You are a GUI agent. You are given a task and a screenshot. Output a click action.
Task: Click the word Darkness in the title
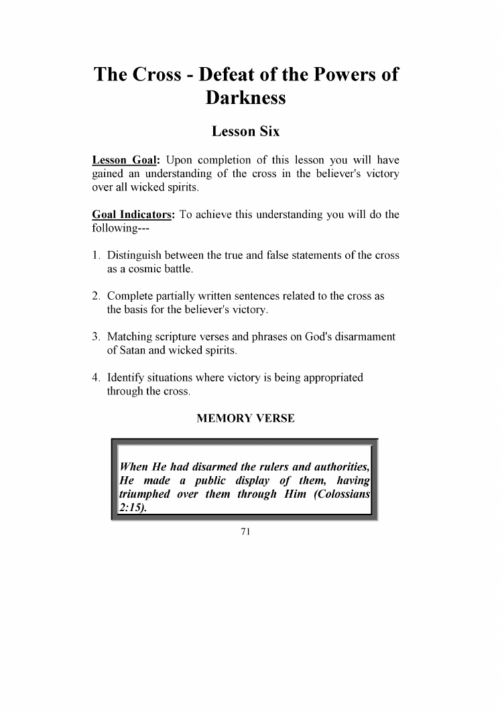click(x=245, y=98)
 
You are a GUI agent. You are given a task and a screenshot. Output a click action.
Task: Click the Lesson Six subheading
click(x=245, y=131)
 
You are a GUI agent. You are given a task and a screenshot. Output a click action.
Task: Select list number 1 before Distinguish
click(x=96, y=256)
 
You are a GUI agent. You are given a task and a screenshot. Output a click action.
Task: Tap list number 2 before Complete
click(x=96, y=296)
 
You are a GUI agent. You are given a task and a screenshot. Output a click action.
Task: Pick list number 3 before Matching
click(x=96, y=337)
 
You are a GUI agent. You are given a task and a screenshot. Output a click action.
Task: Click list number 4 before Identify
click(x=96, y=378)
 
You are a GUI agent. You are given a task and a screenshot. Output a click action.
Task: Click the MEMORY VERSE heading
click(x=245, y=419)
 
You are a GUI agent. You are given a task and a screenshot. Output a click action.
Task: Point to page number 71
click(x=245, y=532)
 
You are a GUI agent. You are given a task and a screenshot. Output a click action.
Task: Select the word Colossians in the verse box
click(x=340, y=494)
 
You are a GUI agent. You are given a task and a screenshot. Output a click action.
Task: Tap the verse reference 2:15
click(x=130, y=508)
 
